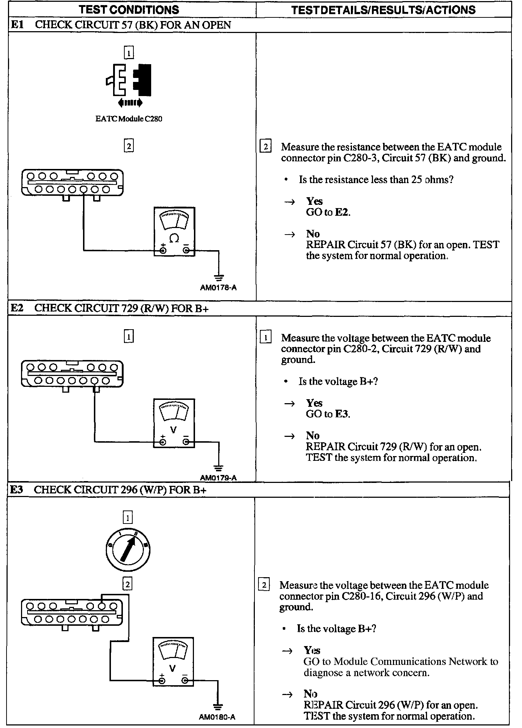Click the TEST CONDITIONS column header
click(x=129, y=10)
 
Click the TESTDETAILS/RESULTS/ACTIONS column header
click(x=383, y=10)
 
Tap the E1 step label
click(x=17, y=25)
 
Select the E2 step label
click(x=17, y=308)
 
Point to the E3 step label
click(x=17, y=490)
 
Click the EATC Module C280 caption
click(x=129, y=119)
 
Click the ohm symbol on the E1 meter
click(x=174, y=238)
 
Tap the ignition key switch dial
click(x=129, y=550)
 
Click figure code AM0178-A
click(x=218, y=288)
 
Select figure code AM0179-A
click(x=218, y=478)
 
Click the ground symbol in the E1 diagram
click(x=219, y=278)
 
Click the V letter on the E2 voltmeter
click(x=174, y=430)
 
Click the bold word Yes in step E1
click(x=314, y=201)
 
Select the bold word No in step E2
click(x=312, y=435)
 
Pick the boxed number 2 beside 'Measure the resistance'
click(x=266, y=147)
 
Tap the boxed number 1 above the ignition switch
click(x=128, y=517)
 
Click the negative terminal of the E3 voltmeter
click(x=185, y=681)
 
